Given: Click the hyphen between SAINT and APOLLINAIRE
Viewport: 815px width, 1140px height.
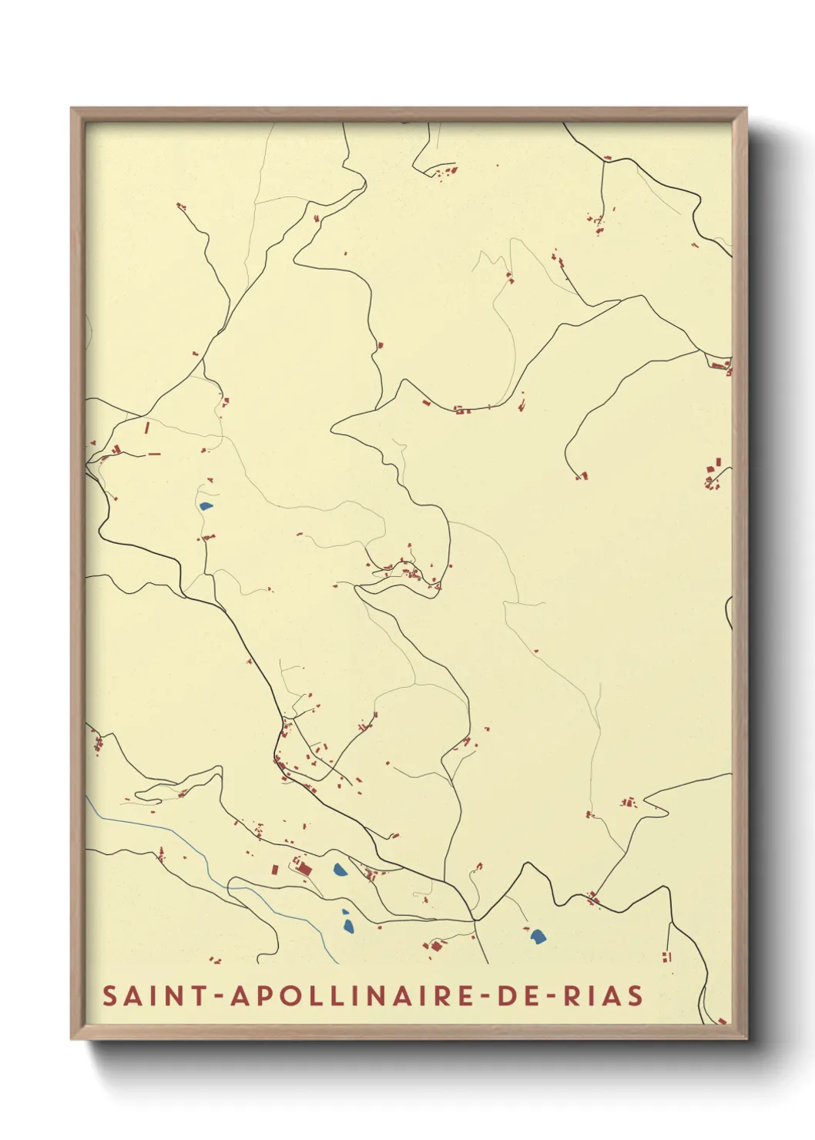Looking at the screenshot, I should point(220,996).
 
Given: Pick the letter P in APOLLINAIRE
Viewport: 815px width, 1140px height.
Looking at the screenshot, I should point(263,995).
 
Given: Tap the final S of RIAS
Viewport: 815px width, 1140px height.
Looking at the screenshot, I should point(636,995).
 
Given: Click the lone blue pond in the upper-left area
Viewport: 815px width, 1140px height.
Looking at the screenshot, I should point(206,506).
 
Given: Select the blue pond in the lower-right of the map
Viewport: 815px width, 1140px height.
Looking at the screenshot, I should point(538,936).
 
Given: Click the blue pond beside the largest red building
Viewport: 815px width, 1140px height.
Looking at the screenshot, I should point(339,870).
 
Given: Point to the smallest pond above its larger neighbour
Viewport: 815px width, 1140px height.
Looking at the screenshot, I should point(345,912).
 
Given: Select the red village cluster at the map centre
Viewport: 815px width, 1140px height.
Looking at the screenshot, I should point(408,572).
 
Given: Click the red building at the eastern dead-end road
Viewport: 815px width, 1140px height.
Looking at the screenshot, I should point(582,475).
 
